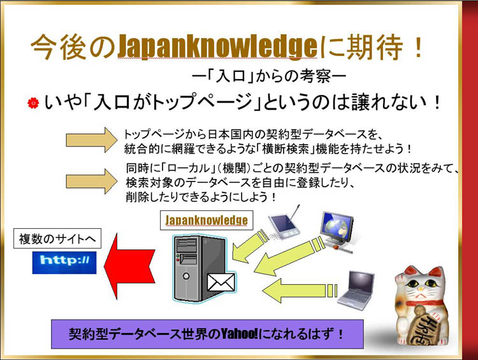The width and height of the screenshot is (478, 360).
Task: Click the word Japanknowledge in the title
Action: pyautogui.click(x=218, y=47)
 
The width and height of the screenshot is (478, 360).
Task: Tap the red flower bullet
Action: pyautogui.click(x=33, y=103)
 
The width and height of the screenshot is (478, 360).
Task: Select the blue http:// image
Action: pyautogui.click(x=64, y=263)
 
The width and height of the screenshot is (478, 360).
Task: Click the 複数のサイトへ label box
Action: pyautogui.click(x=57, y=238)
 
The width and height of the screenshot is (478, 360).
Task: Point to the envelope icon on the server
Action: pyautogui.click(x=221, y=282)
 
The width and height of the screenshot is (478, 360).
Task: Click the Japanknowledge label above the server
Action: pyautogui.click(x=206, y=220)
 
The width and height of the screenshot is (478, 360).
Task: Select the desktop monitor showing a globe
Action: pyautogui.click(x=337, y=231)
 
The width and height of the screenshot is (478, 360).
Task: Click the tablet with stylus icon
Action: pyautogui.click(x=284, y=223)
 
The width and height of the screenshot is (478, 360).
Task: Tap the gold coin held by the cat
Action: pyautogui.click(x=423, y=324)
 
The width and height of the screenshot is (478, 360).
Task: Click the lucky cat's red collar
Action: pyautogui.click(x=424, y=303)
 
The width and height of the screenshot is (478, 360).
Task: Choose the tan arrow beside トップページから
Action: pyautogui.click(x=91, y=140)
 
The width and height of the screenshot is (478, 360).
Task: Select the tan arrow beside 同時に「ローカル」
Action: pyautogui.click(x=91, y=182)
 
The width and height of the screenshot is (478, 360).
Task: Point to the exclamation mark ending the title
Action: pyautogui.click(x=418, y=47)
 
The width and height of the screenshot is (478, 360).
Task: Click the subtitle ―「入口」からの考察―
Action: pyautogui.click(x=269, y=76)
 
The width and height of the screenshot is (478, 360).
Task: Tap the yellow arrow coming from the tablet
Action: pyautogui.click(x=248, y=247)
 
